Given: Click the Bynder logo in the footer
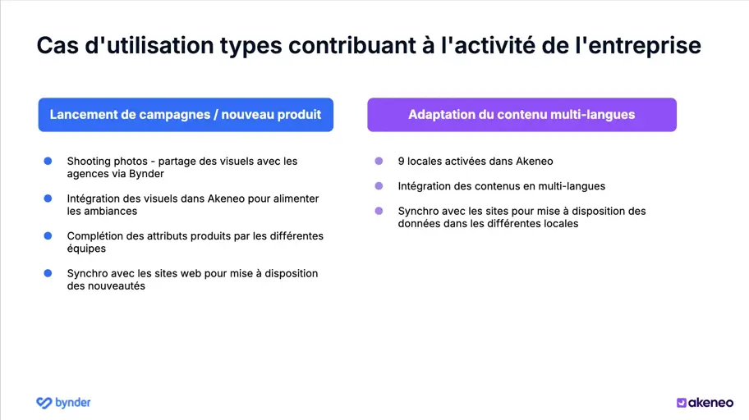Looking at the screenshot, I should [x=63, y=402].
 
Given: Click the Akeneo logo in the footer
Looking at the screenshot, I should [x=705, y=402].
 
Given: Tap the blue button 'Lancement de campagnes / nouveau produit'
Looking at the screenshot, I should [x=186, y=115].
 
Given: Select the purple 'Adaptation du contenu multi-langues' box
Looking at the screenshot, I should [x=522, y=115].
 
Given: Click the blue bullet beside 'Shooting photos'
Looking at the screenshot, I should [x=48, y=161].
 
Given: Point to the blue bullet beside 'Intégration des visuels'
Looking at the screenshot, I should [x=48, y=199].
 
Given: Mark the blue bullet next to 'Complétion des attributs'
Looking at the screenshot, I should [x=48, y=236].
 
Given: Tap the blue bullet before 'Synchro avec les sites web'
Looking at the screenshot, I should [x=48, y=273].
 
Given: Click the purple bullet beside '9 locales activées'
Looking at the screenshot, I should [x=379, y=161].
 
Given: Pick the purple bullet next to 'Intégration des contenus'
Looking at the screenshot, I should [x=379, y=186].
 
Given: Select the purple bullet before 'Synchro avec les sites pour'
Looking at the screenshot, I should [x=379, y=211].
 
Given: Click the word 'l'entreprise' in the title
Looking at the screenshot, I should [x=641, y=46].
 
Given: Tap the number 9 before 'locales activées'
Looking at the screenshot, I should [x=401, y=162].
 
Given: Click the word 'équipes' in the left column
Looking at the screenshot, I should [x=86, y=249].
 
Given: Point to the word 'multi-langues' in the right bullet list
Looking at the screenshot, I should [x=572, y=186].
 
